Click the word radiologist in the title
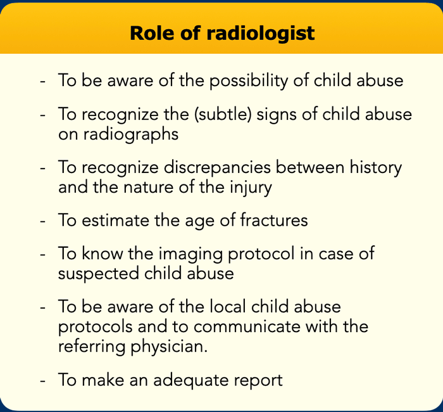click(x=261, y=34)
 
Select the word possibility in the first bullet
click(x=248, y=81)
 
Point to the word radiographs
click(x=131, y=134)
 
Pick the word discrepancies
click(x=217, y=168)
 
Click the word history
click(x=376, y=168)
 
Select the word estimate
click(x=115, y=220)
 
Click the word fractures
click(x=274, y=220)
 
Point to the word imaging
click(x=190, y=254)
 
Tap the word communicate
click(x=247, y=326)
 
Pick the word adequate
click(x=190, y=381)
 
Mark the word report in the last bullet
click(x=258, y=381)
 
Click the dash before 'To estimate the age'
click(x=42, y=221)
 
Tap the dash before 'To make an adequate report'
click(x=42, y=381)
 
